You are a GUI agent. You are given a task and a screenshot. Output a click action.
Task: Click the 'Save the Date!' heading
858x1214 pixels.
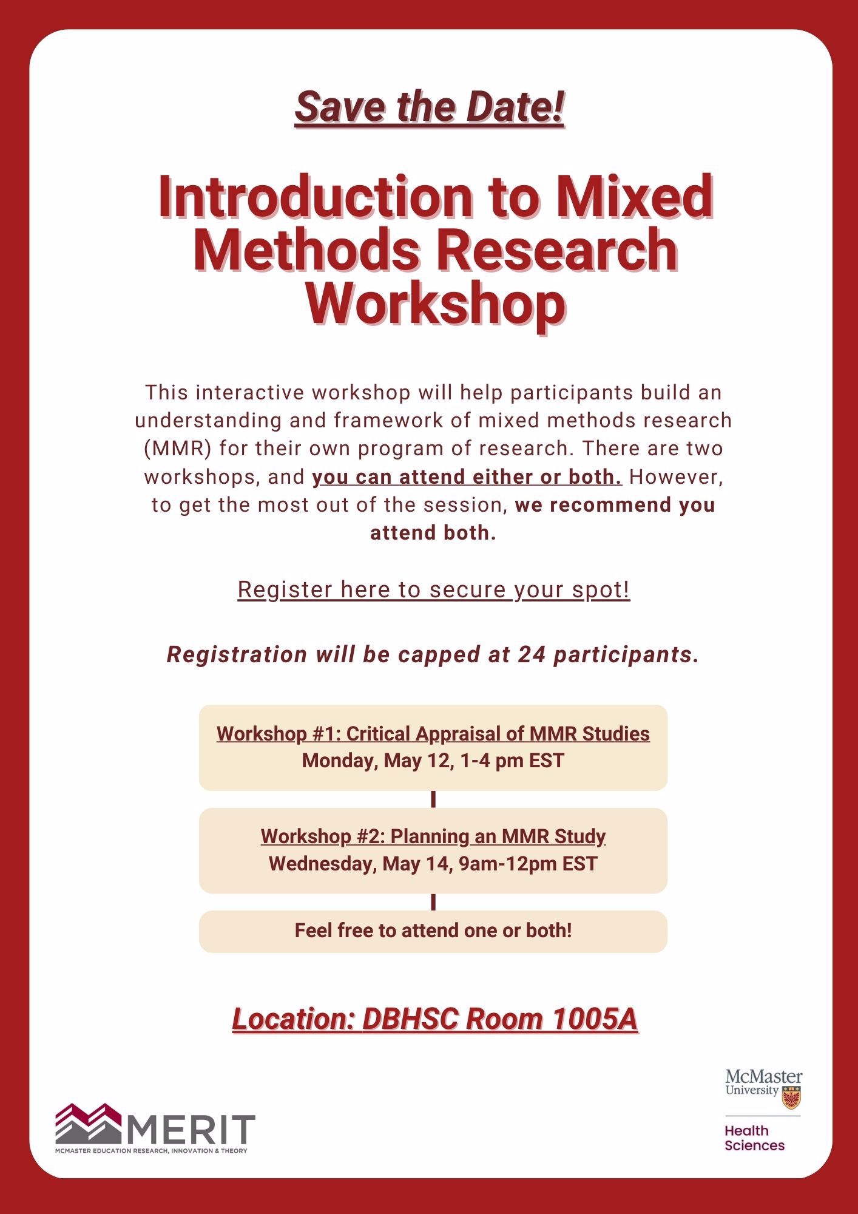pyautogui.click(x=430, y=107)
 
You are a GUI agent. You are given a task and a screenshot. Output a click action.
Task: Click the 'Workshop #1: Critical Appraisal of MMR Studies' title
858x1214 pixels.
pyautogui.click(x=433, y=734)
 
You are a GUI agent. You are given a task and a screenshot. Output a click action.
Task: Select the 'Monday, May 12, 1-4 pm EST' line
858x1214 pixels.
pyautogui.click(x=433, y=761)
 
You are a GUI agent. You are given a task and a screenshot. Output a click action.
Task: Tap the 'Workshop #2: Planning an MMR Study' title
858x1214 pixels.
pyautogui.click(x=433, y=836)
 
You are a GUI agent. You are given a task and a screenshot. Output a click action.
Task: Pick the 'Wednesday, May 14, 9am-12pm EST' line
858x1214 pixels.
pyautogui.click(x=433, y=863)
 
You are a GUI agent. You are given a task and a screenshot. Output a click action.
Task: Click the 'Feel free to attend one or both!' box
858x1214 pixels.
pyautogui.click(x=433, y=931)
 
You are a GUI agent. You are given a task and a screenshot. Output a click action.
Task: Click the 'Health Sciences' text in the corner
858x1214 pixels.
pyautogui.click(x=754, y=1138)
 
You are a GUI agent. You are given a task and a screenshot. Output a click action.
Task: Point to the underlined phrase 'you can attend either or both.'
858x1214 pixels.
pyautogui.click(x=467, y=477)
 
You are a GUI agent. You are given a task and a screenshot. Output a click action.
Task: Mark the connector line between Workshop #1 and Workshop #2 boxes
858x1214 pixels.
pyautogui.click(x=433, y=799)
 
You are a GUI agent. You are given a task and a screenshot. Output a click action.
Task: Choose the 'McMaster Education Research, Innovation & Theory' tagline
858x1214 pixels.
pyautogui.click(x=151, y=1151)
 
